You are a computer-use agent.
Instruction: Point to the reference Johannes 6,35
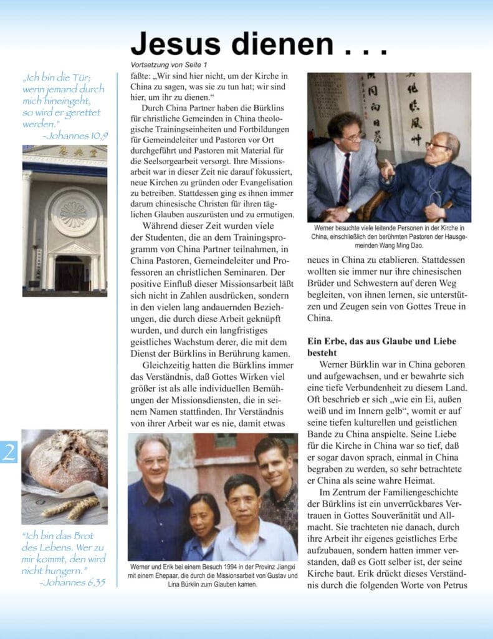coord(72,582)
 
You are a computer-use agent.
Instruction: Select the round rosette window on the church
coord(74,213)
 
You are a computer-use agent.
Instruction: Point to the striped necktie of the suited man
coord(345,178)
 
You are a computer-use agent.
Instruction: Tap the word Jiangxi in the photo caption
coord(279,565)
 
